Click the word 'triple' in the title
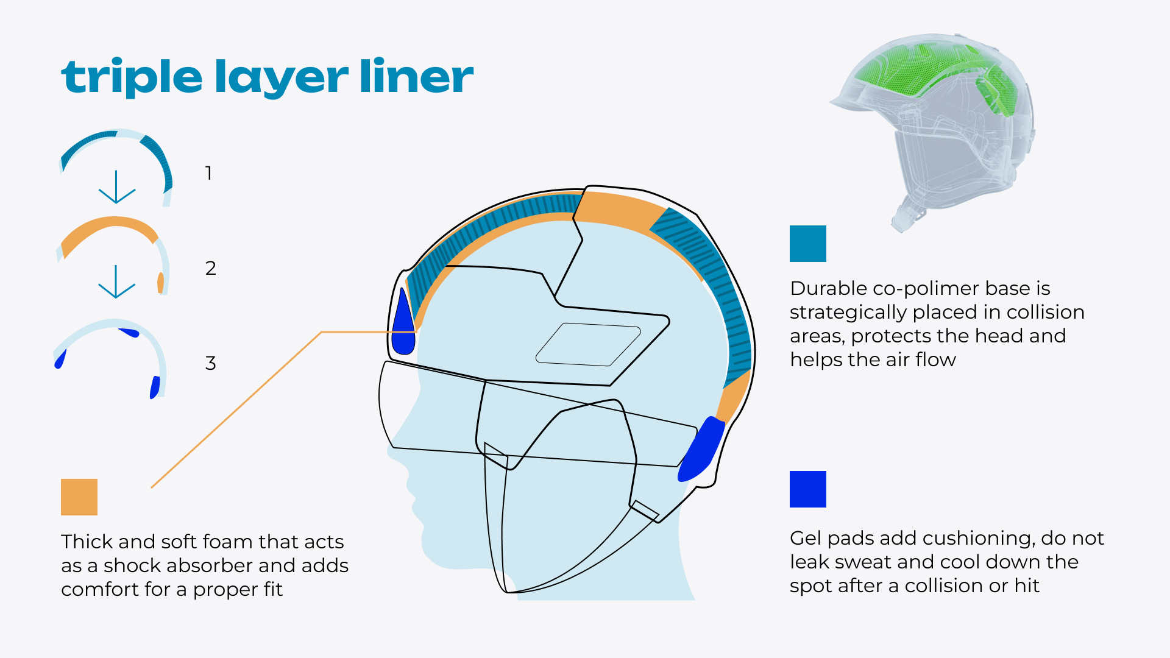[x=132, y=77]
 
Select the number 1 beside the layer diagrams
[x=208, y=173]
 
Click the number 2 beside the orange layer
[x=211, y=268]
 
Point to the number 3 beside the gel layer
[x=211, y=363]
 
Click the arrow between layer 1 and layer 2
[x=116, y=187]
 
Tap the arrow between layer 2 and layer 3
[x=116, y=281]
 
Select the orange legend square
[x=79, y=497]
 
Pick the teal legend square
[x=807, y=244]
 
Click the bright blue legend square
[x=807, y=489]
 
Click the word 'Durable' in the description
[x=828, y=288]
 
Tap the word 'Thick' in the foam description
[x=87, y=542]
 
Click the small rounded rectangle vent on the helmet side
[x=588, y=344]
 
